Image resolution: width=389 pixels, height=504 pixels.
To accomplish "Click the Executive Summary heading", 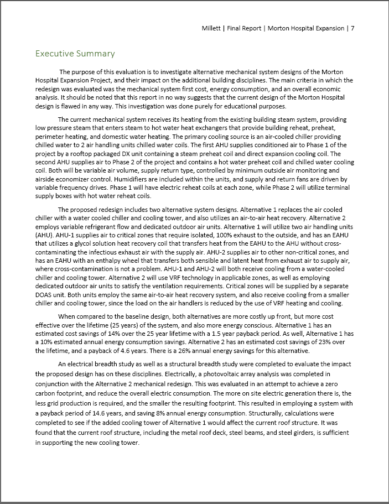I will tap(75, 54).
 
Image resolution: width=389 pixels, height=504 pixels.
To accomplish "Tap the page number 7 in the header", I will tap(352, 28).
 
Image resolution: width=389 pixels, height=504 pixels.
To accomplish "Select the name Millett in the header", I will tap(214, 28).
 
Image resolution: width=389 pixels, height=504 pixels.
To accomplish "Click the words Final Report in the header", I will tap(247, 28).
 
